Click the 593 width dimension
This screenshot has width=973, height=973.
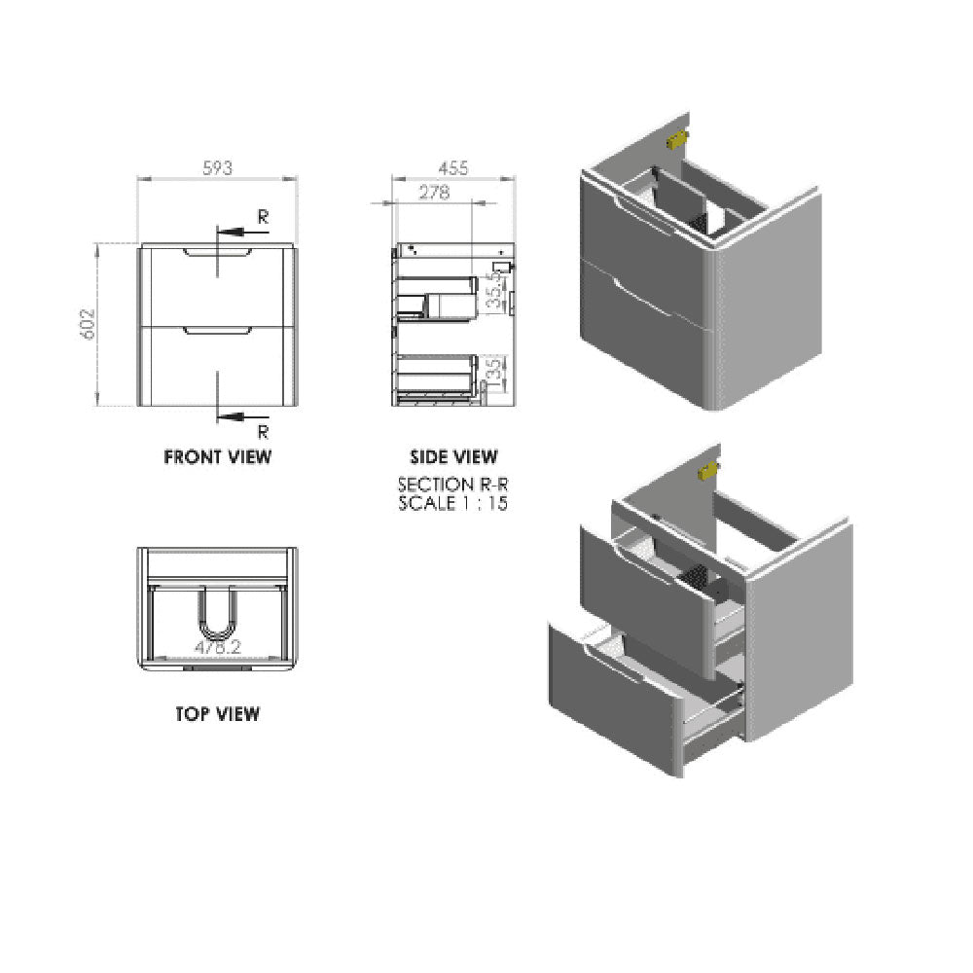217,167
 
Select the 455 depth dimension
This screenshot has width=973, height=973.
452,167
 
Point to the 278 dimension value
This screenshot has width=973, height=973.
433,193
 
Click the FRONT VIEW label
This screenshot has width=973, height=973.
217,455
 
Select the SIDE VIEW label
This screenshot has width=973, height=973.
453,455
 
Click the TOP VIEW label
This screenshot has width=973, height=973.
217,713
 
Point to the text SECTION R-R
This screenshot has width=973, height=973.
453,485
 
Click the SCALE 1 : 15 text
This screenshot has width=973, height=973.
453,503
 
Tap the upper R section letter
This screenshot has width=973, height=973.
262,216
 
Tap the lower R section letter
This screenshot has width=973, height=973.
262,431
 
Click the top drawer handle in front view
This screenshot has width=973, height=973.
216,251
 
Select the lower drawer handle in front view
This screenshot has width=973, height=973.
216,332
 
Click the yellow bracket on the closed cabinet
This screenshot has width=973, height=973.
675,140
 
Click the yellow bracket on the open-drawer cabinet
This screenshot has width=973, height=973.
707,471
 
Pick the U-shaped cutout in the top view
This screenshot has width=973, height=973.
216,613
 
